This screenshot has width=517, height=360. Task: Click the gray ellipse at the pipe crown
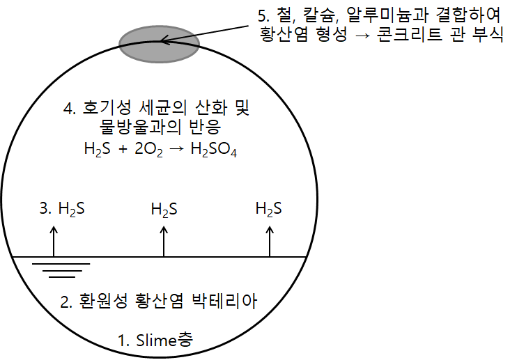(160, 44)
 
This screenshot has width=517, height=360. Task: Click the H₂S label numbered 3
(71, 208)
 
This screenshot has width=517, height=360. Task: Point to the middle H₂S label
(164, 208)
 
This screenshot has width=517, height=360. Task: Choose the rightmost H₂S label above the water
(269, 208)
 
